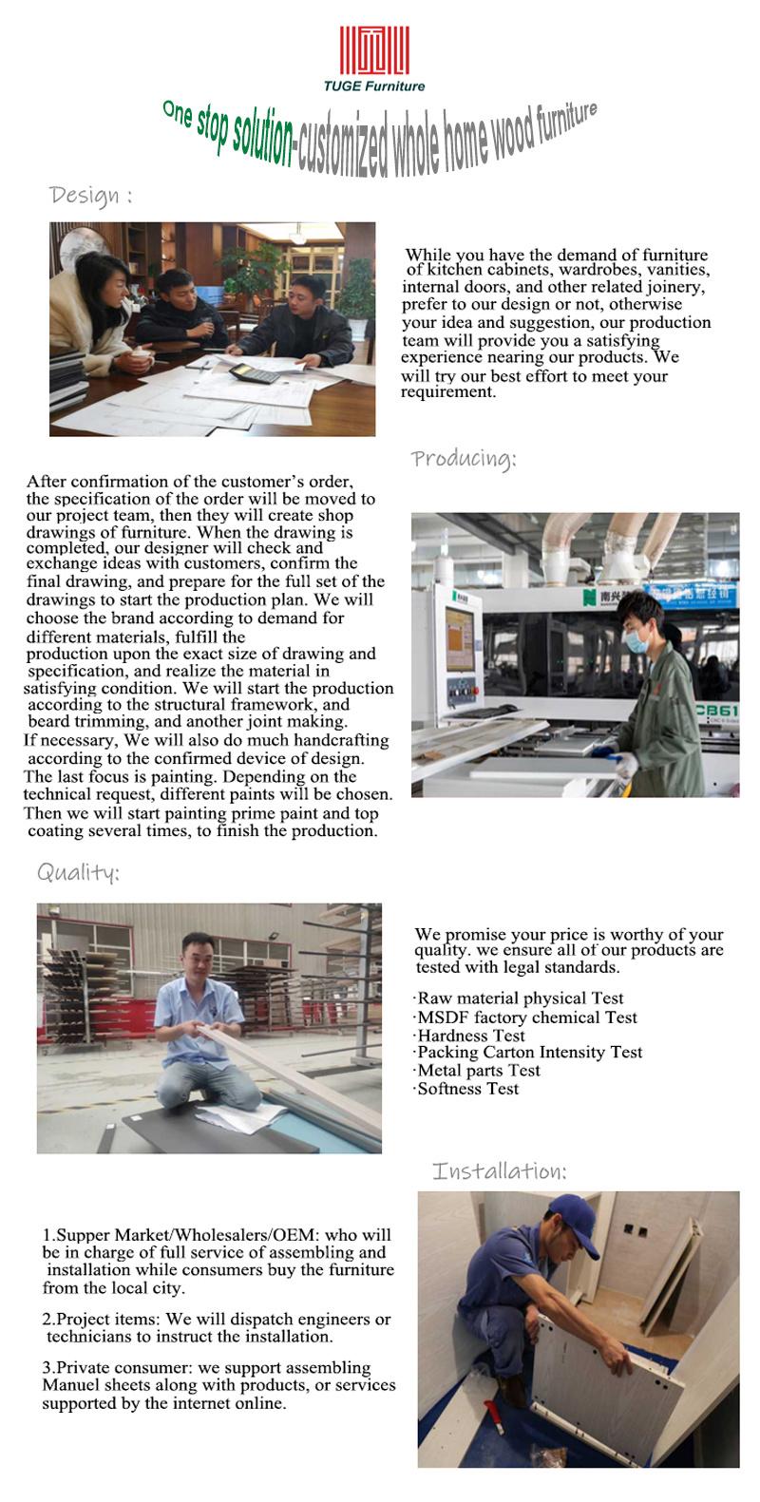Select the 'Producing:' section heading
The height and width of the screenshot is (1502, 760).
[x=464, y=460]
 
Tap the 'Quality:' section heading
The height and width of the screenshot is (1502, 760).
[x=78, y=872]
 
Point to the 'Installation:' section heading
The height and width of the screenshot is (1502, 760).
[x=500, y=1170]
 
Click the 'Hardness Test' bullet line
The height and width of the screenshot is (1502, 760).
[x=470, y=1036]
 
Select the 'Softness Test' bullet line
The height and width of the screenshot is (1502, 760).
[x=467, y=1089]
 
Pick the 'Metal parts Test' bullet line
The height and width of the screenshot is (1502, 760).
[x=478, y=1071]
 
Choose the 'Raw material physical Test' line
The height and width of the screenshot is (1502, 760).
[x=520, y=998]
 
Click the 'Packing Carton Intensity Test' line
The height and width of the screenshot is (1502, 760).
[x=529, y=1053]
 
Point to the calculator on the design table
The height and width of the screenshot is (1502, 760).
[x=255, y=373]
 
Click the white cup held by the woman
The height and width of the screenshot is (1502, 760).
[x=142, y=359]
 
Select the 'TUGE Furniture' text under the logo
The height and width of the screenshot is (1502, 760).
[x=374, y=86]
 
